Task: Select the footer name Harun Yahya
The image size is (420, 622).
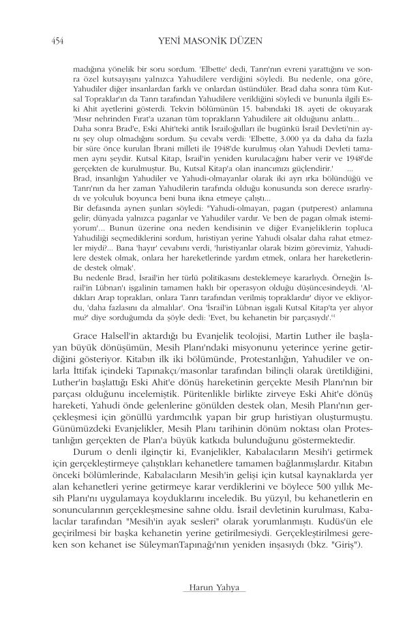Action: pyautogui.click(x=209, y=587)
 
